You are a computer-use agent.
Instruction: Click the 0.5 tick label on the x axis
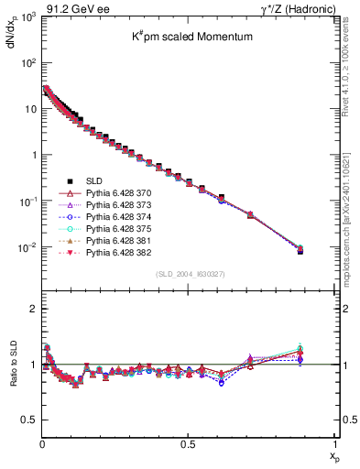[x=188, y=444]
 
